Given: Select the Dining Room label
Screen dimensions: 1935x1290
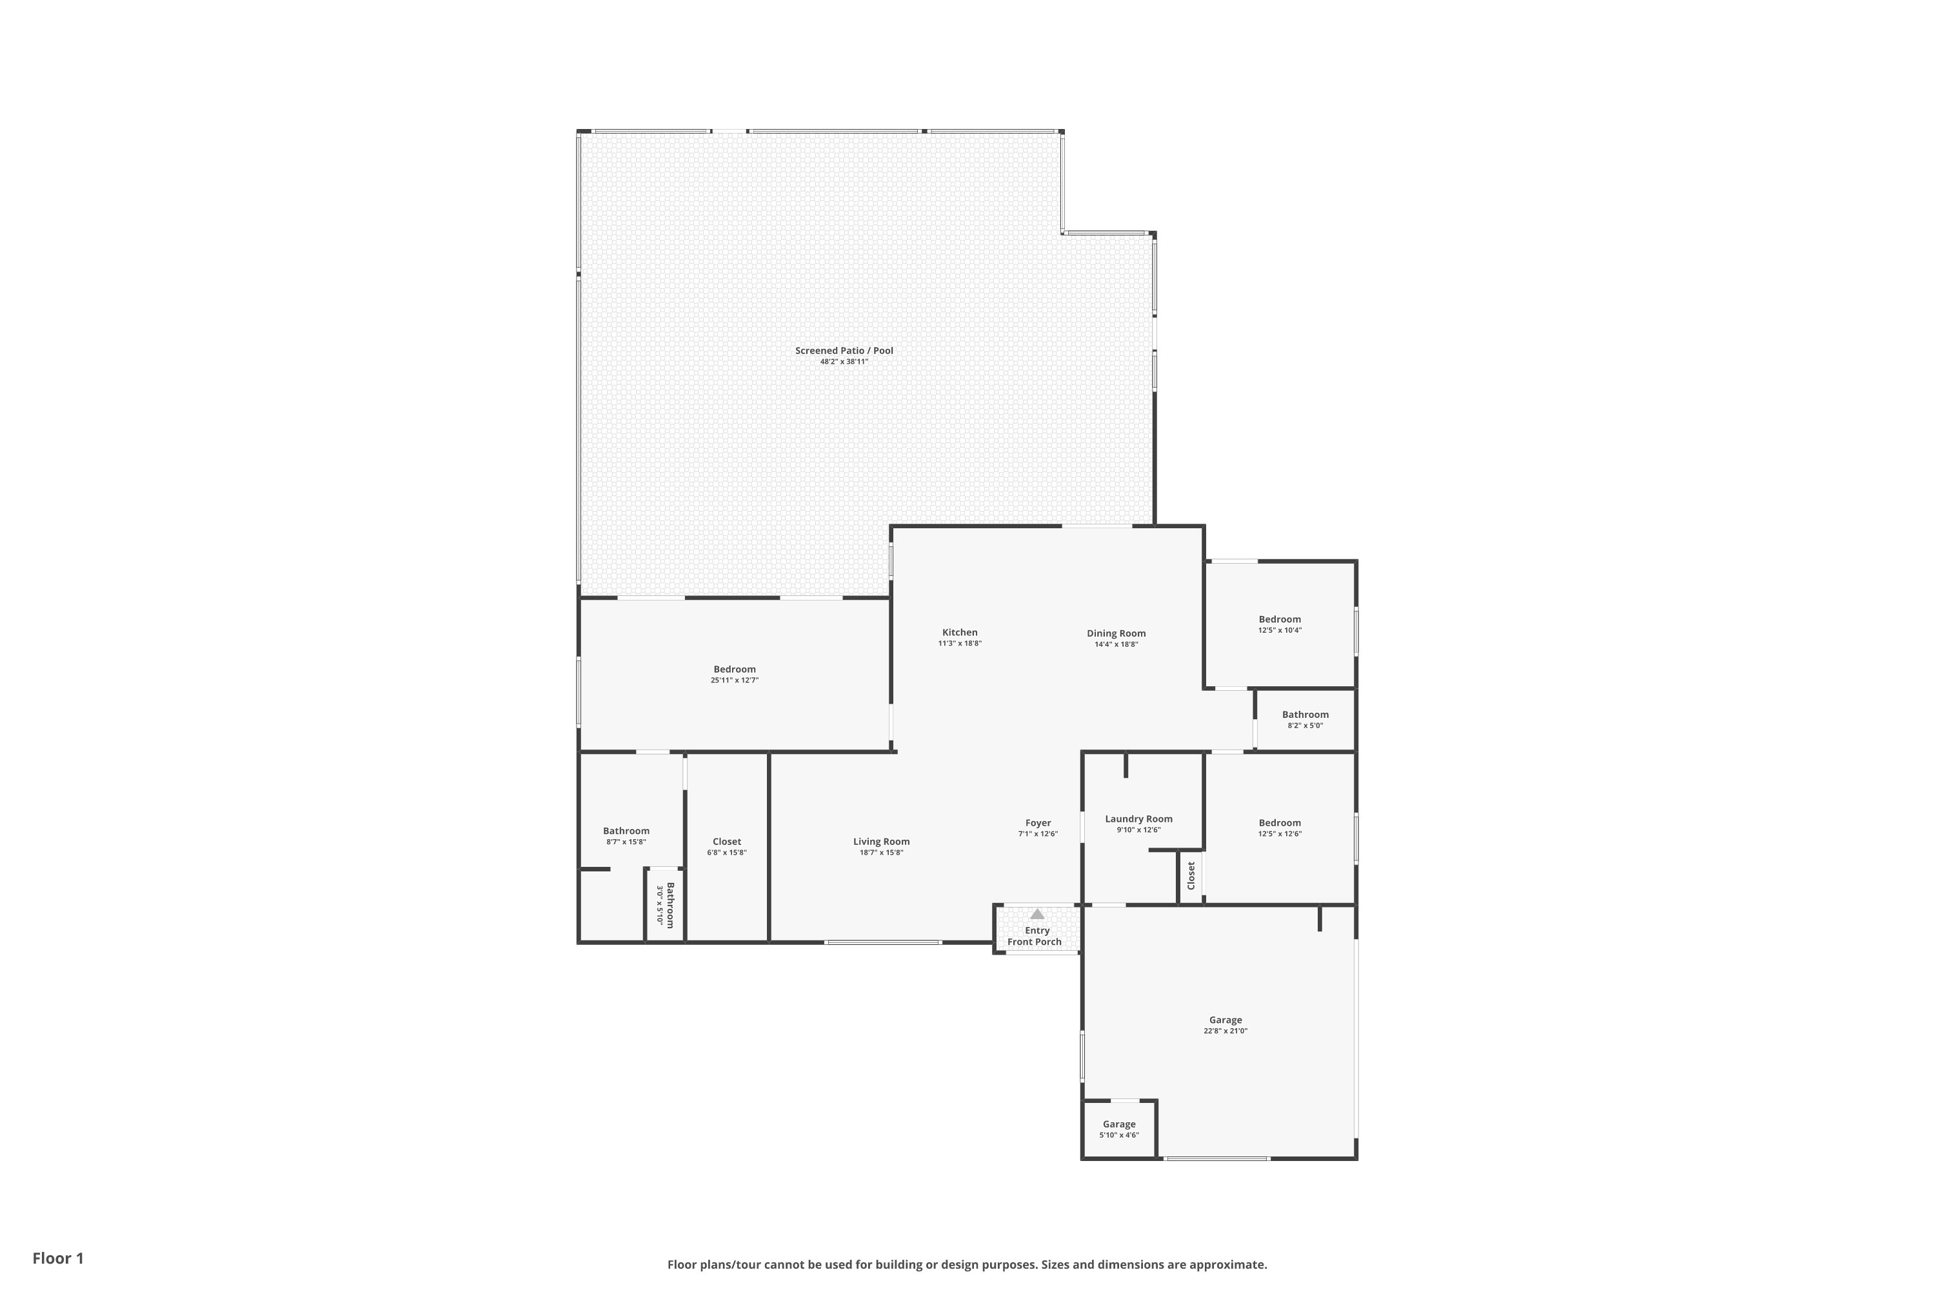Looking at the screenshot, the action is [1116, 633].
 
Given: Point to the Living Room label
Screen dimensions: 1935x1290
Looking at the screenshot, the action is [881, 842].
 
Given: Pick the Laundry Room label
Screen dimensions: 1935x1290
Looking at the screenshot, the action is [1138, 819].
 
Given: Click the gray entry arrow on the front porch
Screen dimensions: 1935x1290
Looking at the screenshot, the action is [1037, 913].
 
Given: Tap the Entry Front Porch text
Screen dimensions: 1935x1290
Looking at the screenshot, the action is [1035, 937].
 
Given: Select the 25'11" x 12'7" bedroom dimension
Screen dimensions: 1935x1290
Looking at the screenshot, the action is [734, 680].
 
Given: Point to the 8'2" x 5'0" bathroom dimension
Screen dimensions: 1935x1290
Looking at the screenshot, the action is [1305, 726].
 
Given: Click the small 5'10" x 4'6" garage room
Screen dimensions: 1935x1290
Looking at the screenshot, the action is [1119, 1129].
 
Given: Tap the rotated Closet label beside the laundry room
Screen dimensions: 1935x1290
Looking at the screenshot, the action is [1191, 875].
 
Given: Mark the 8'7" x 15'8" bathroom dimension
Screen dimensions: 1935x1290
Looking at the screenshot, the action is [626, 842].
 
